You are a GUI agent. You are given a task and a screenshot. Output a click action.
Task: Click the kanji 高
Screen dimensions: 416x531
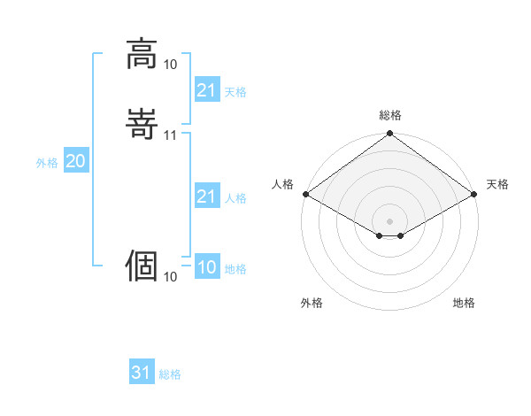click(142, 54)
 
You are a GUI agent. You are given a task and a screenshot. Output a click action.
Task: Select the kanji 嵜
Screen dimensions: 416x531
click(142, 124)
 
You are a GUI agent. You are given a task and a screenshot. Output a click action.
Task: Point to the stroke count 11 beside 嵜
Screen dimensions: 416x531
click(171, 135)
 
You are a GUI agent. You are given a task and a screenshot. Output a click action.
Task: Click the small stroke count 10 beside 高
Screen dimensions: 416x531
click(171, 65)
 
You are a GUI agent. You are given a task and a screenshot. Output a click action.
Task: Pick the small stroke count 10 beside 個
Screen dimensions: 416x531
click(171, 277)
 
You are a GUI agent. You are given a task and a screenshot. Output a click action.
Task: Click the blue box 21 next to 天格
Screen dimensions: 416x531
click(206, 90)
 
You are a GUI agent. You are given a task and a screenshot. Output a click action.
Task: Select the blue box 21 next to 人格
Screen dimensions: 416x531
click(206, 196)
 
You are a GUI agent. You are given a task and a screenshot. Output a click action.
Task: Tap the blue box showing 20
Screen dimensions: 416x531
click(75, 161)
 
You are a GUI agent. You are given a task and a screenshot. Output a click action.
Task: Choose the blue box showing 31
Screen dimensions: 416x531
click(142, 373)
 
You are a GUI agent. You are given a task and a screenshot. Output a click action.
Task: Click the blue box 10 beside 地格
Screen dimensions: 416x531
click(206, 267)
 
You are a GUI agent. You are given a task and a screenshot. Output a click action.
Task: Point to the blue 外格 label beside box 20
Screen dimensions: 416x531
click(47, 163)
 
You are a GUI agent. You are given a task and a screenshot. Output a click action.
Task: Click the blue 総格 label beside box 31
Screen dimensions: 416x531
click(170, 374)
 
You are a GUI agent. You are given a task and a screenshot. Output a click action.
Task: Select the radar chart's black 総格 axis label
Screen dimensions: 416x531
click(390, 115)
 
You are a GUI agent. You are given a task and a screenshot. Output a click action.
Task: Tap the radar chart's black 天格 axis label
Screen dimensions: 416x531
click(498, 184)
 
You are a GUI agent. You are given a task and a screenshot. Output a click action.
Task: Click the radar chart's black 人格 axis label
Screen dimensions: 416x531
click(282, 184)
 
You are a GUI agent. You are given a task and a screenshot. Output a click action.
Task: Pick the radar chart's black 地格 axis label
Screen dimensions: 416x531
click(464, 303)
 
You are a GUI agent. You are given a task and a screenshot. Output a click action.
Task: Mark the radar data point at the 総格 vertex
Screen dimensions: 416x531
click(389, 135)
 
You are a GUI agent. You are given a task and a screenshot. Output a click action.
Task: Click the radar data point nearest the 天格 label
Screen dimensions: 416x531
click(475, 194)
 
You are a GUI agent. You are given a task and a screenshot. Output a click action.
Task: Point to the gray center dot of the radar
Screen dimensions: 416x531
click(389, 220)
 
